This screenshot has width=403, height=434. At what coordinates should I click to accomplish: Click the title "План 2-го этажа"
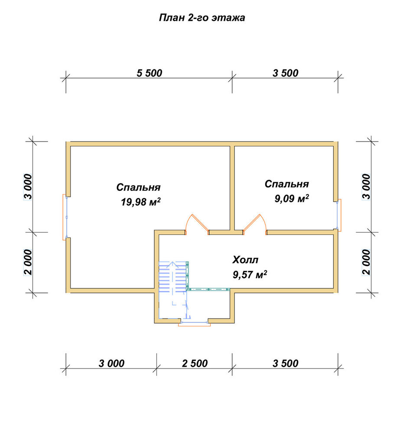(202, 18)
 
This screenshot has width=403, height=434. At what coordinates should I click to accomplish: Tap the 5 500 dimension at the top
(149, 73)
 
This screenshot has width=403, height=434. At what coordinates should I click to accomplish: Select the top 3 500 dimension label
(285, 73)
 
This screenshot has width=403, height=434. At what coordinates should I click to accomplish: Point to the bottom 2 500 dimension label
(195, 363)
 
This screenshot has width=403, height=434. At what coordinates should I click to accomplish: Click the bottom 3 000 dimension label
(111, 363)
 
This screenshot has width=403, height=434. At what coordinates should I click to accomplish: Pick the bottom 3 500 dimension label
(285, 363)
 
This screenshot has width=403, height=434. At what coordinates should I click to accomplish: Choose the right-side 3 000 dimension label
(366, 187)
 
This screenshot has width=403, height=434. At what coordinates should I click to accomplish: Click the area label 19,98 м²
(141, 202)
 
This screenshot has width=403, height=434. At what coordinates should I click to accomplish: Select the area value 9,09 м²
(292, 198)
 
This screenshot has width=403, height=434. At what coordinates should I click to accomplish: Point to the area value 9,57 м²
(250, 274)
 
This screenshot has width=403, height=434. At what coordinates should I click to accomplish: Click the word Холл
(245, 260)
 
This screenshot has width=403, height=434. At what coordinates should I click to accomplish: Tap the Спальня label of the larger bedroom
(138, 187)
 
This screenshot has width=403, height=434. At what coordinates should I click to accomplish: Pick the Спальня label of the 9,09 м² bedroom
(286, 184)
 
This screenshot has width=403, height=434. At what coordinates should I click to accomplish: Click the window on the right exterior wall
(338, 215)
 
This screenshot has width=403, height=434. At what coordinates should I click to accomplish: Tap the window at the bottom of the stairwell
(194, 323)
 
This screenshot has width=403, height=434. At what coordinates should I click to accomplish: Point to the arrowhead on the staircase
(172, 264)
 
